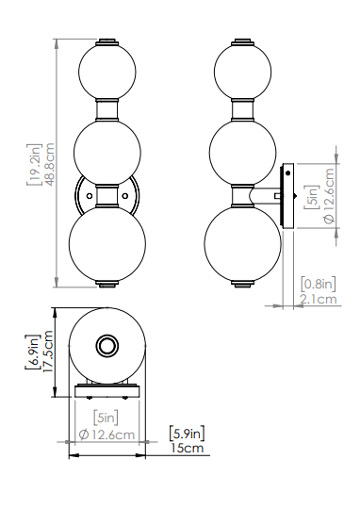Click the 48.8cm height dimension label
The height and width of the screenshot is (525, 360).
click(x=49, y=164)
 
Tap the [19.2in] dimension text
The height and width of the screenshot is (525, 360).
click(x=35, y=164)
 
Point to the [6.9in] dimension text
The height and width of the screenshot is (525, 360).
click(x=33, y=352)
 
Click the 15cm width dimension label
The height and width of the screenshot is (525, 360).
click(x=187, y=448)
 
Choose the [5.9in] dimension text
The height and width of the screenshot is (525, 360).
click(x=187, y=434)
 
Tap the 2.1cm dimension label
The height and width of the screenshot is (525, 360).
click(x=318, y=299)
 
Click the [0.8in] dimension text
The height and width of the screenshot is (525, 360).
click(x=318, y=285)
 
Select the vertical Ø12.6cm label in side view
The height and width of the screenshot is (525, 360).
click(x=329, y=195)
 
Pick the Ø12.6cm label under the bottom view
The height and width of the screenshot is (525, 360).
click(x=106, y=435)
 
